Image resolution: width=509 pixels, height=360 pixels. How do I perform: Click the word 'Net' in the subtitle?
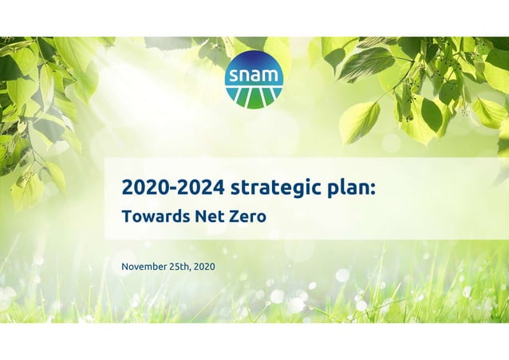pos(201,216)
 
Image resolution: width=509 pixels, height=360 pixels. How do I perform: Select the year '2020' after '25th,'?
pos(204,265)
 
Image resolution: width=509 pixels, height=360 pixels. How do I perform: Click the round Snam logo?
pos(254,79)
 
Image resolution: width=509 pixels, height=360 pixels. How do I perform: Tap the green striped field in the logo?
pos(254,95)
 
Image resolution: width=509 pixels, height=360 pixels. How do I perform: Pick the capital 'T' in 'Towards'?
pos(125,216)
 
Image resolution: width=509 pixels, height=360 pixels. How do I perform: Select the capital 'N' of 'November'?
pos(124,265)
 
